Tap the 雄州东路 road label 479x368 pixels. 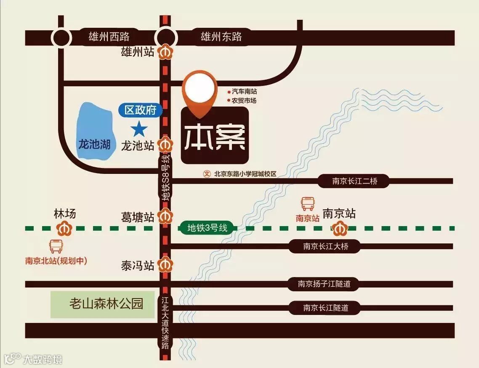coord(221,37)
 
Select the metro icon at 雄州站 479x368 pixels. coord(165,52)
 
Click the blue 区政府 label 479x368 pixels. coord(140,110)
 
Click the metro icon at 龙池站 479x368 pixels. coord(165,145)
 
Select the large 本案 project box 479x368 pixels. coord(215,136)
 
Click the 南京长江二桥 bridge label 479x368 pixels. coord(355,181)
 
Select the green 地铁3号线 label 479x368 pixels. coord(208,228)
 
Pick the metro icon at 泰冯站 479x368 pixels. coord(165,265)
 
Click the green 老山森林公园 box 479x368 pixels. coord(102,304)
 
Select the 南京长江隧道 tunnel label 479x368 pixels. coord(326,308)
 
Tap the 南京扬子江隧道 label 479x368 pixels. coord(324,284)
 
